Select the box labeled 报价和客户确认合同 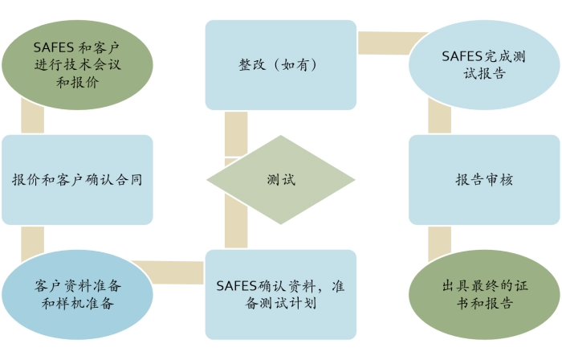pyautogui.click(x=78, y=179)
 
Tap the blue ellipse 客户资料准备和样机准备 pyautogui.click(x=78, y=294)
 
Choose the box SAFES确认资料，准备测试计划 pyautogui.click(x=280, y=294)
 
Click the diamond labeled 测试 pyautogui.click(x=280, y=180)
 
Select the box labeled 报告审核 pyautogui.click(x=484, y=179)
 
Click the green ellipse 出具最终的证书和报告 pyautogui.click(x=484, y=294)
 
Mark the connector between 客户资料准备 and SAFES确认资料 pyautogui.click(x=178, y=272)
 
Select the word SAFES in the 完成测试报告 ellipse pyautogui.click(x=462, y=56)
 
